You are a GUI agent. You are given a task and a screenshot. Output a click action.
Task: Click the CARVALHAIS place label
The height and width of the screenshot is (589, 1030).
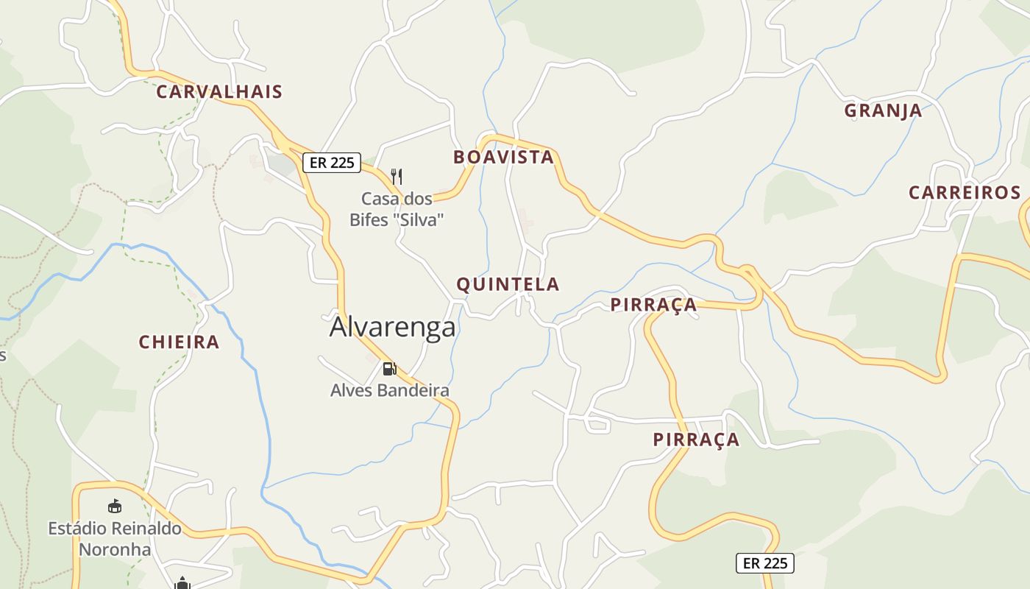tap(219, 92)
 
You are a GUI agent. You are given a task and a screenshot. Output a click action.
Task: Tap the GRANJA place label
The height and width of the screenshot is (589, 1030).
tap(882, 110)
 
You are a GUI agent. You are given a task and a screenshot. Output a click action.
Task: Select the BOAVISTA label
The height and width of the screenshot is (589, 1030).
tap(503, 157)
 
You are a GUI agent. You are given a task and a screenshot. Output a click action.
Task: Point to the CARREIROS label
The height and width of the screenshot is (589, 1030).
tap(965, 193)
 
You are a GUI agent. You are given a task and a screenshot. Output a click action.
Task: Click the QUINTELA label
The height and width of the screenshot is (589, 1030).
tap(508, 284)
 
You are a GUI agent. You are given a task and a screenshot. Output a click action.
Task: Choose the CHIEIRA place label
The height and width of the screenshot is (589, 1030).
tap(179, 342)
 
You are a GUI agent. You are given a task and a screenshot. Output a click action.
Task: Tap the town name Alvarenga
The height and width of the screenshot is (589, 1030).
tap(392, 327)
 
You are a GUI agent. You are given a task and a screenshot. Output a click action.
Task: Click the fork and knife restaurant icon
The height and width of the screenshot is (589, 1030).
tap(397, 176)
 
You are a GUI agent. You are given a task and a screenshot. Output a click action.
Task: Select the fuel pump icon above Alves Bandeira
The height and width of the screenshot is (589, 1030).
tap(389, 368)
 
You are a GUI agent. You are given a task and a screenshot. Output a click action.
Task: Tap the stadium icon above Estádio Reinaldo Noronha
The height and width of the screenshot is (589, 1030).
tap(115, 507)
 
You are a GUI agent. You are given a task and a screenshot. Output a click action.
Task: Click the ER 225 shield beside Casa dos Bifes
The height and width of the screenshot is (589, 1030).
tap(332, 163)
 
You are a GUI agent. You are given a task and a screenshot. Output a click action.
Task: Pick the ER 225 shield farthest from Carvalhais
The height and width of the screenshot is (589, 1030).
tap(765, 563)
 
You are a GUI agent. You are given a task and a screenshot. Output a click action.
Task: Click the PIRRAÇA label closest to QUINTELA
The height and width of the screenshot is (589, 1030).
tap(653, 304)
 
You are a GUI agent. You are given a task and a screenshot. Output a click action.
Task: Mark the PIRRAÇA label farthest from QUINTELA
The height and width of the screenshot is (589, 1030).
tap(696, 440)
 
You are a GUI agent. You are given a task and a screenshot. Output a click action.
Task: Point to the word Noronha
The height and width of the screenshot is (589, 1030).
tap(115, 549)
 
